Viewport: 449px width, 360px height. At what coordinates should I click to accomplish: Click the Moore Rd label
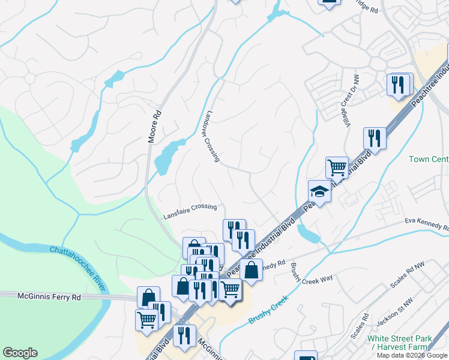(x=155, y=125)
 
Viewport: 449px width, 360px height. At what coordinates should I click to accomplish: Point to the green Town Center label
(x=428, y=159)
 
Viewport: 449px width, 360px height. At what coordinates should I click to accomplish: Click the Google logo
(x=20, y=353)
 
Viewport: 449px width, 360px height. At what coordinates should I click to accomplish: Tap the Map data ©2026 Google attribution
(x=412, y=355)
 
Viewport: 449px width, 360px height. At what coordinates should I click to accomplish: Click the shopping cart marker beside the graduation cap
(x=337, y=167)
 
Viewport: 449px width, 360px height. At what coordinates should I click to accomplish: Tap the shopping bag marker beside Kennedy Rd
(x=251, y=270)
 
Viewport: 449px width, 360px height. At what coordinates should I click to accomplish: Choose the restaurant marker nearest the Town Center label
(x=374, y=139)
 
